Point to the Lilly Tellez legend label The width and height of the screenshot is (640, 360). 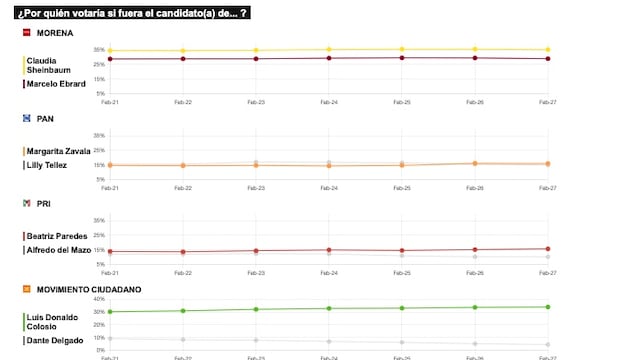51,164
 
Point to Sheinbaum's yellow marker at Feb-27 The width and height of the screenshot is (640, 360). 547,49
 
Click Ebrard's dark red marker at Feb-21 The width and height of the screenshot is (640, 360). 109,59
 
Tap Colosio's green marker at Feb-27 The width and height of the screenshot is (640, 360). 547,307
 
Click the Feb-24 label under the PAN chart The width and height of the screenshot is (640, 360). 327,187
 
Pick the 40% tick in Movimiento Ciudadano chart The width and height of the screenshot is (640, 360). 99,299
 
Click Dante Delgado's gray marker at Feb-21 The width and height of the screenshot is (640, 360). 109,338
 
